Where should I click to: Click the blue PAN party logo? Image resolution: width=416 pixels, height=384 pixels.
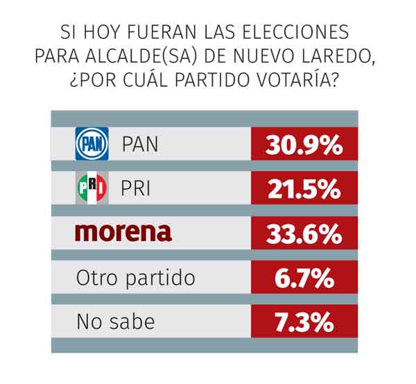92,144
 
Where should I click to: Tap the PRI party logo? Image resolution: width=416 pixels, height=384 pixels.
92,188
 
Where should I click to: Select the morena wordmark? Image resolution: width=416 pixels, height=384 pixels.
123,233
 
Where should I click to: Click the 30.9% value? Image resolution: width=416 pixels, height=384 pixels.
304,145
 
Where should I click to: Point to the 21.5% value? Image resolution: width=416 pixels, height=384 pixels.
304,189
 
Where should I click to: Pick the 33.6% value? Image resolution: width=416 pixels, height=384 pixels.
304,234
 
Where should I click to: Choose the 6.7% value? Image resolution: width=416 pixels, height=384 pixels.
304,278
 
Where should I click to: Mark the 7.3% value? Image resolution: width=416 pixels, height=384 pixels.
304,322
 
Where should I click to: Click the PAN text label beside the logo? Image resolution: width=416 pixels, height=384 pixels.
140,144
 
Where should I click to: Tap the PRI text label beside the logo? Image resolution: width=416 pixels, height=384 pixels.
135,188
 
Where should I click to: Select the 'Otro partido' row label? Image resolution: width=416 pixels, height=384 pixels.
136,278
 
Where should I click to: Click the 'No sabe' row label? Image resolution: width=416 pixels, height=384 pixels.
116,322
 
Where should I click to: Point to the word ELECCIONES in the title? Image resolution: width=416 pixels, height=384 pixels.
295,32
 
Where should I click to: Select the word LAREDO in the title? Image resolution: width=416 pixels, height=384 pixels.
338,57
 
